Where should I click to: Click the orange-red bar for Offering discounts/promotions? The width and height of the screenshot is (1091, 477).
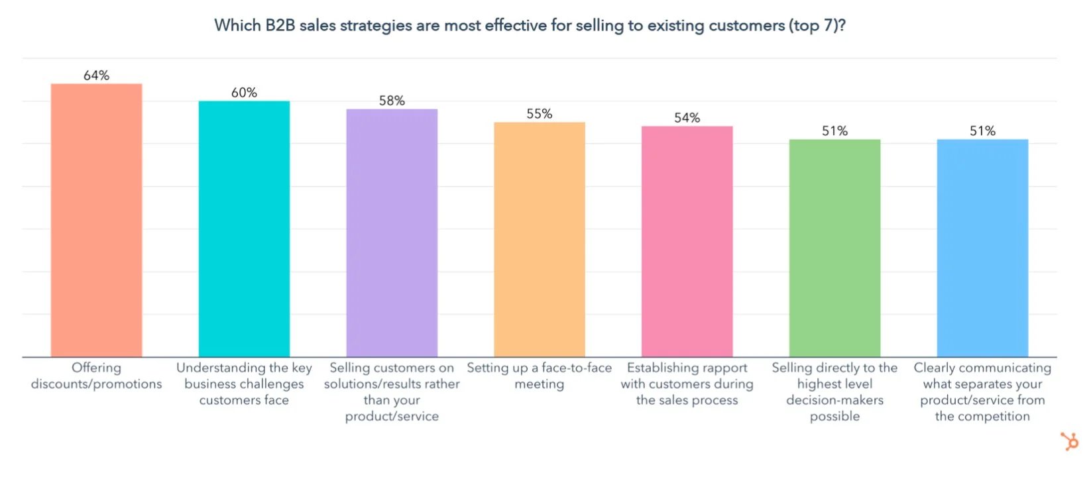click(96, 220)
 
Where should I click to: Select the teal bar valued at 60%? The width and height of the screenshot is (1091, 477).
click(244, 229)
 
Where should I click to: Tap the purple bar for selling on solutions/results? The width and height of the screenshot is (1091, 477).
click(392, 233)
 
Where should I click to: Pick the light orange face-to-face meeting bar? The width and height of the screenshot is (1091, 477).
click(540, 239)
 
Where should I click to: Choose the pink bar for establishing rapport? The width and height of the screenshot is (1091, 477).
click(687, 241)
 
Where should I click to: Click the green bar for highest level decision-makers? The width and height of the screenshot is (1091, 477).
click(834, 248)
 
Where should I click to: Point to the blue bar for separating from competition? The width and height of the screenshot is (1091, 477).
click(982, 248)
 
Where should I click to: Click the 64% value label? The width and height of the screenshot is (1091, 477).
click(96, 76)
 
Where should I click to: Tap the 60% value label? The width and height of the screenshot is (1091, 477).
click(244, 93)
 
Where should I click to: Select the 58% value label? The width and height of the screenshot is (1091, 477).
click(392, 101)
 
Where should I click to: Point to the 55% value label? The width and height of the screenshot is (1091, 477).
click(540, 114)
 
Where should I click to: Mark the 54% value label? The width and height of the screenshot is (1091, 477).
click(687, 118)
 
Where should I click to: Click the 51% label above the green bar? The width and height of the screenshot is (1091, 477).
click(834, 131)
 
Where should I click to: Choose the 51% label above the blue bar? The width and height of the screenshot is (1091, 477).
click(982, 131)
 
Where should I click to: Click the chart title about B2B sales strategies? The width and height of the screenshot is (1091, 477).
click(530, 26)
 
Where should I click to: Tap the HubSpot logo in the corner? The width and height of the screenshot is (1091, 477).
click(1068, 441)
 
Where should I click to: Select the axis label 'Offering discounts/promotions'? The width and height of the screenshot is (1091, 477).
click(96, 376)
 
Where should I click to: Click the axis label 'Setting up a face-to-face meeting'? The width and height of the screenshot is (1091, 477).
click(540, 376)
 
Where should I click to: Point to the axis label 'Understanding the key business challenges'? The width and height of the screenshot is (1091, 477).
click(244, 384)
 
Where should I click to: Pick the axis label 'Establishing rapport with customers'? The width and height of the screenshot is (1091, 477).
click(687, 384)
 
